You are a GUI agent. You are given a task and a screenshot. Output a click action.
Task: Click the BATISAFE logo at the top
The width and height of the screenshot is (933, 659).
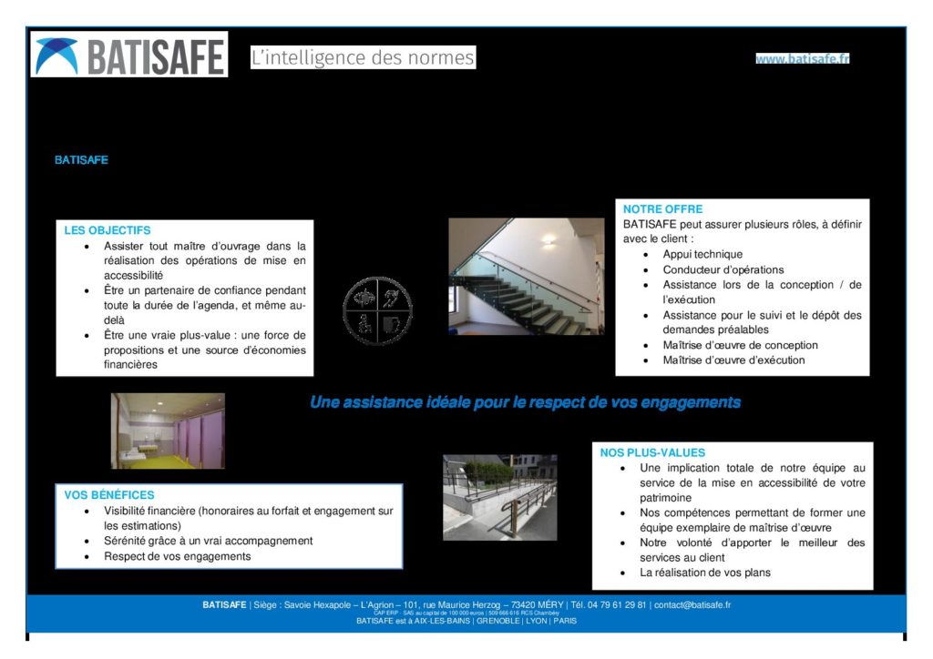pyautogui.click(x=129, y=55)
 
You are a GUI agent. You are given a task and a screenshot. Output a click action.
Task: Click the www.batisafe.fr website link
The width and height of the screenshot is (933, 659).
pyautogui.click(x=802, y=59)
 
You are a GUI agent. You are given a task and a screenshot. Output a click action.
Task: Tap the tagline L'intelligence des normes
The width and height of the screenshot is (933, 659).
pyautogui.click(x=363, y=58)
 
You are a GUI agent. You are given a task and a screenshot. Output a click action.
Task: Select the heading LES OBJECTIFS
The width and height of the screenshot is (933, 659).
pyautogui.click(x=108, y=230)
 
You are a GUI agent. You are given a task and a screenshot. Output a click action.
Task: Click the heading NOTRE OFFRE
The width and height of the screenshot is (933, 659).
pyautogui.click(x=662, y=209)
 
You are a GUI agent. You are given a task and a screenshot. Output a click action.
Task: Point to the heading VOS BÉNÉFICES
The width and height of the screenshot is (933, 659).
pyautogui.click(x=109, y=495)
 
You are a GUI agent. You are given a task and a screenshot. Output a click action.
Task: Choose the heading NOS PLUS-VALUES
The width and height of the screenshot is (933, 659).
pyautogui.click(x=652, y=452)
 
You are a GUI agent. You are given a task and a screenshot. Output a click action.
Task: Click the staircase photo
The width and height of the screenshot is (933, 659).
pyautogui.click(x=526, y=277)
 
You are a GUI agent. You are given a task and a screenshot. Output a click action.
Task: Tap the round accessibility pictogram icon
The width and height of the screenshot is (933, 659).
pyautogui.click(x=377, y=311)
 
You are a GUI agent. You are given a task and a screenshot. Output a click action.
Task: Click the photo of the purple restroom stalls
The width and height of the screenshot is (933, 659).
pyautogui.click(x=168, y=431)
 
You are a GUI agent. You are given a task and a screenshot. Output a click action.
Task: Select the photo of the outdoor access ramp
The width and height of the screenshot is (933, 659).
pyautogui.click(x=499, y=497)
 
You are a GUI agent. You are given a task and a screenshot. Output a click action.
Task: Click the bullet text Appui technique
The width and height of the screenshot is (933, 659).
pyautogui.click(x=702, y=255)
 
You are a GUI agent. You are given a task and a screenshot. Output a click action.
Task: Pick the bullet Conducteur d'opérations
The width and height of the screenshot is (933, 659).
pyautogui.click(x=723, y=270)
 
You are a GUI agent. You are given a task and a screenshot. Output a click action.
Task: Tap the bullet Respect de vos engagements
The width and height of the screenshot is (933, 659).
pyautogui.click(x=177, y=556)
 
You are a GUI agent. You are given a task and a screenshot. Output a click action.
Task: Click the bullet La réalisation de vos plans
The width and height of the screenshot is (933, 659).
pyautogui.click(x=704, y=573)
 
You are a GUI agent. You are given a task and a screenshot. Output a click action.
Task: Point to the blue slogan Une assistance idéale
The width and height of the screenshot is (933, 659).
pyautogui.click(x=525, y=402)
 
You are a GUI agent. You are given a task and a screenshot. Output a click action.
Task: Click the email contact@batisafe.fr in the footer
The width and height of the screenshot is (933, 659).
pyautogui.click(x=692, y=604)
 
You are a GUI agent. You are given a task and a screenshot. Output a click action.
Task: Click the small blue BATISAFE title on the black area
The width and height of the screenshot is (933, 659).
pyautogui.click(x=81, y=160)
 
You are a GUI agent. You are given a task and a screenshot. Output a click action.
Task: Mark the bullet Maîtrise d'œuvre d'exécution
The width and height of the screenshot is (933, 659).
pyautogui.click(x=733, y=360)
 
